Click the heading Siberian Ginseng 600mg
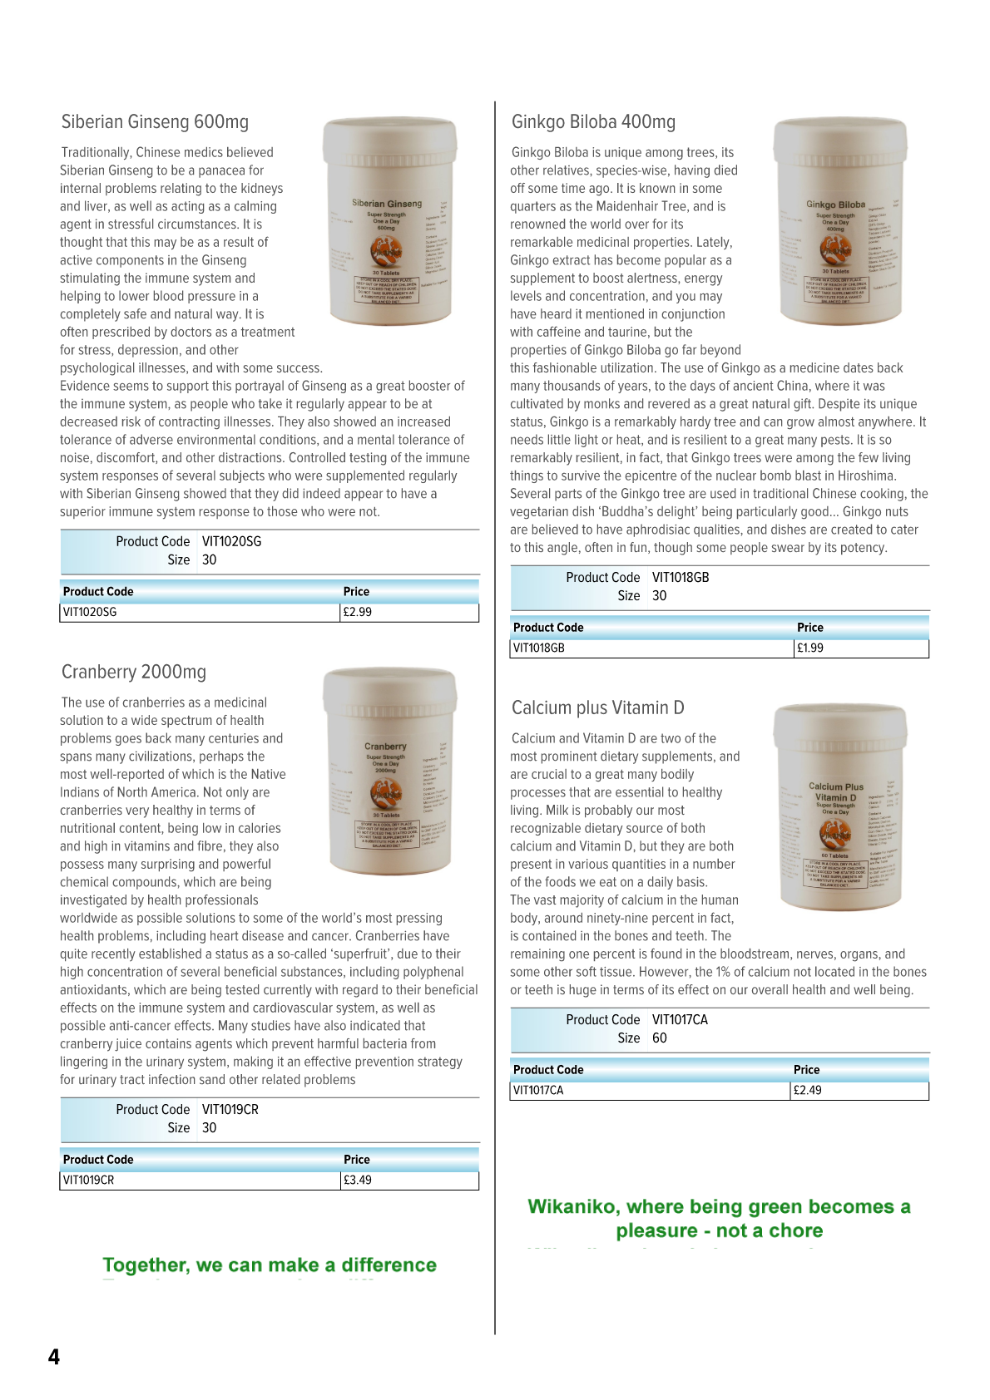coord(155,122)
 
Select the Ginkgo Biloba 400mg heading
coord(593,122)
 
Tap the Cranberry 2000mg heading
coord(134,672)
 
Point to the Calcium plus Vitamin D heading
coord(597,707)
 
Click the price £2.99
coord(358,612)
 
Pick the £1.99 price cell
coord(810,648)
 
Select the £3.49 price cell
coord(358,1180)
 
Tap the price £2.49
coord(807,1090)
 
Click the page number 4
coord(54,1357)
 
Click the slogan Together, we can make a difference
coord(270,1264)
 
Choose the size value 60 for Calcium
coord(660,1038)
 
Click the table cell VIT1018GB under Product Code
coord(539,648)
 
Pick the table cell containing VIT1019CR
coord(89,1180)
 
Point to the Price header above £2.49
coord(806,1069)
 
